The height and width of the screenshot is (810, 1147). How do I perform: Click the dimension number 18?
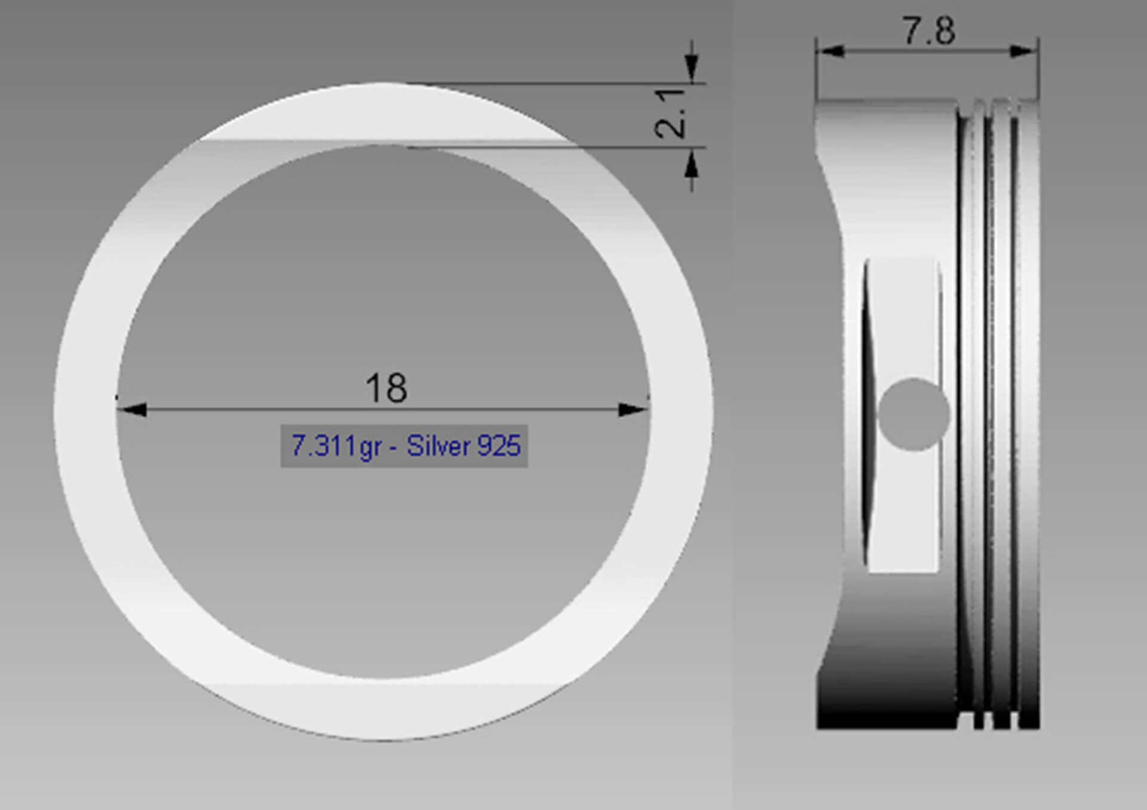click(x=387, y=389)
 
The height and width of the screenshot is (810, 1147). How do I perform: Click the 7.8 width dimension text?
click(x=928, y=31)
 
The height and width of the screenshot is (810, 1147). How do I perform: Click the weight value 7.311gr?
click(x=336, y=446)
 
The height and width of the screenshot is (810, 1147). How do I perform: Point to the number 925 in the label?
click(x=499, y=446)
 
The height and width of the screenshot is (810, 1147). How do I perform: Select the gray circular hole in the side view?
click(x=913, y=414)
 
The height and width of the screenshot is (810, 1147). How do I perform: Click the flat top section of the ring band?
click(x=382, y=113)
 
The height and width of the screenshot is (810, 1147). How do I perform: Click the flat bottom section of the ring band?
click(x=382, y=710)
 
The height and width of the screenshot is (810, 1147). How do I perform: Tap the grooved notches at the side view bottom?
click(x=995, y=719)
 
